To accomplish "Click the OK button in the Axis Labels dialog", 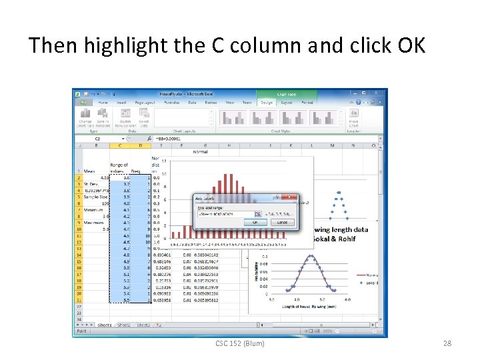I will pos(265,222).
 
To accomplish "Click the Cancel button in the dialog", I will pos(283,222).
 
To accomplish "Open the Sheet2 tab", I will pos(123,325).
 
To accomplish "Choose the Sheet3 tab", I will pos(143,325).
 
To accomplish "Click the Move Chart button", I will pos(353,120).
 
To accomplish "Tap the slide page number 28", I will pos(447,343).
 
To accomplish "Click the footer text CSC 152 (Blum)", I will pos(239,343).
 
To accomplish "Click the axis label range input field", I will pos(223,213).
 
